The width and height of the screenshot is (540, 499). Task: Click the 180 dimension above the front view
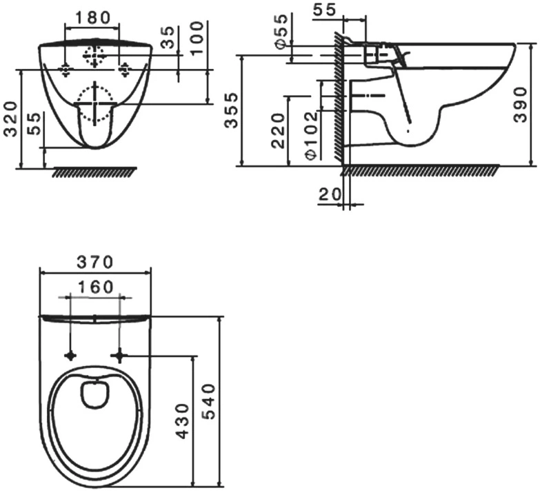[x=92, y=18]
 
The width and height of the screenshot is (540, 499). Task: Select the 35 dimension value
[x=168, y=34]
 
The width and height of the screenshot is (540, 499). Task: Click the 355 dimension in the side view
[x=231, y=110]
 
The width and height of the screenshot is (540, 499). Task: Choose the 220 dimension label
[x=278, y=131]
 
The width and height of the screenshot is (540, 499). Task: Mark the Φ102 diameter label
[x=312, y=135]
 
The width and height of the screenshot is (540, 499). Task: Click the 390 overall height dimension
[x=520, y=105]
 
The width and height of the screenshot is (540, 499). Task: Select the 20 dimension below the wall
[x=330, y=194]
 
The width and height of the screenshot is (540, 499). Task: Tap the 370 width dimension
[x=94, y=262]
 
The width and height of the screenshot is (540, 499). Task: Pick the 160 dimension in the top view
[x=95, y=287]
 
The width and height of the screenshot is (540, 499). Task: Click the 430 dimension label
[x=183, y=421]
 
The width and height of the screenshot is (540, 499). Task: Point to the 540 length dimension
[x=208, y=402]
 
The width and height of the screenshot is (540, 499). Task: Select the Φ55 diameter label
[x=281, y=31]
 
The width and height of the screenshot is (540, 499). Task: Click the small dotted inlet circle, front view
[x=94, y=56]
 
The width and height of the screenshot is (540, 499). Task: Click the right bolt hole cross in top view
[x=120, y=355]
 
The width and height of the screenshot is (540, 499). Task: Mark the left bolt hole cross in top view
[x=70, y=355]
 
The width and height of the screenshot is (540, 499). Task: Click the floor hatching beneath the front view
[x=94, y=172]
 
